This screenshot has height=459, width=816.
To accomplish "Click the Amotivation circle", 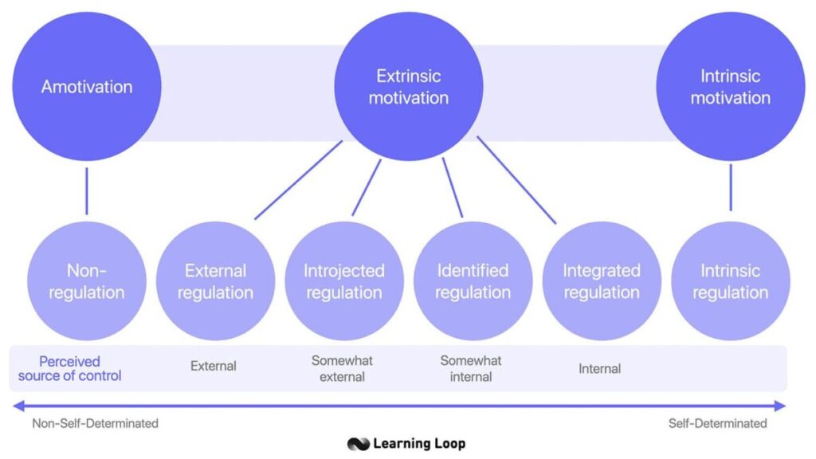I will tap(87, 87).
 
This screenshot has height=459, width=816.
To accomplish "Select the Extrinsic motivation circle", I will tap(408, 87).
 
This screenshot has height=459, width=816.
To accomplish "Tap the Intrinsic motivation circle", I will tap(730, 87).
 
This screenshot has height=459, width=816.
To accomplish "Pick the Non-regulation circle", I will tap(87, 281).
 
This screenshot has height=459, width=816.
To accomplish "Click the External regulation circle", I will tap(215, 281).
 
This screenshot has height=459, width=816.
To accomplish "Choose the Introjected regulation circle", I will tap(344, 281).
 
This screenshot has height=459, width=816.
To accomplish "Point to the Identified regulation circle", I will tap(473, 281).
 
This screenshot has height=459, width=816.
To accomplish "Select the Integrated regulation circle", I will tap(602, 281).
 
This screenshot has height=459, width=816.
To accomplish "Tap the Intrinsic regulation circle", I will tap(730, 281).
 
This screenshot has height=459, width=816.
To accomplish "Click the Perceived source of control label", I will tap(70, 368).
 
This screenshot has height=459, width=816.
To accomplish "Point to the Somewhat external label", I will tap(342, 368).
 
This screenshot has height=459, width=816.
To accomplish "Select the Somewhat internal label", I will tap(471, 368).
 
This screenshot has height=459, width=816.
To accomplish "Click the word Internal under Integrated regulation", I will tap(599, 369).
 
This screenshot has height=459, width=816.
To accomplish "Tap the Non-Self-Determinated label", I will tap(95, 423).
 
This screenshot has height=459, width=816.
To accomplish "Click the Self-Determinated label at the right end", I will tap(717, 423).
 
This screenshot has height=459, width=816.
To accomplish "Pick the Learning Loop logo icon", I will tap(358, 444).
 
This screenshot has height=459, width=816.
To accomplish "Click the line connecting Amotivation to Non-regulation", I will tap(87, 191).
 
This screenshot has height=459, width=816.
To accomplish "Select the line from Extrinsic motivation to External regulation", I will tap(299, 180).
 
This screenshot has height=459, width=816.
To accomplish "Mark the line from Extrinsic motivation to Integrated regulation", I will tap(516, 180).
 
